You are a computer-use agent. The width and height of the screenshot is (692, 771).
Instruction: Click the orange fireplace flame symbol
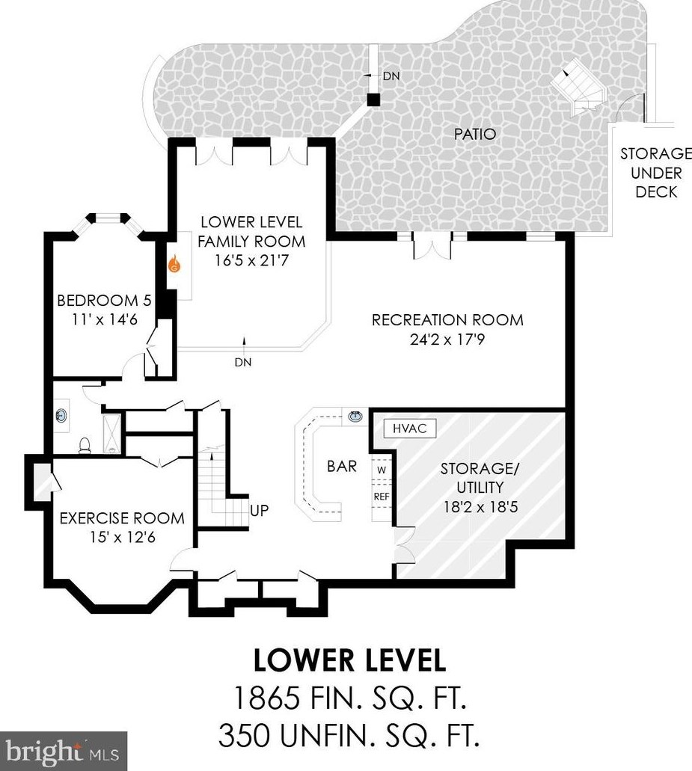174,264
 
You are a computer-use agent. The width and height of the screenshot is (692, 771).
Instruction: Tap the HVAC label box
410,428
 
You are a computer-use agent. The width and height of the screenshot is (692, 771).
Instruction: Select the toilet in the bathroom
85,445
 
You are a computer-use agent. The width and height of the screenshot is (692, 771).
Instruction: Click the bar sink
355,417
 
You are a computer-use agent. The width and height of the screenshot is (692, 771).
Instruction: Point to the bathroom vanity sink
61,416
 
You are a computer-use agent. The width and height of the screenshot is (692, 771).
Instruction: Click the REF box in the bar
382,497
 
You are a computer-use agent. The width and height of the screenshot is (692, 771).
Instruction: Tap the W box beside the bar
382,470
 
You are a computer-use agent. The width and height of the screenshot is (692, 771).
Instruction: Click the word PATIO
474,134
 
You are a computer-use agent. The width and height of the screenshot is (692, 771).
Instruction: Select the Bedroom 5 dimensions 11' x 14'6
105,319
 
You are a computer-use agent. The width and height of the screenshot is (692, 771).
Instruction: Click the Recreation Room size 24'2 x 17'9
447,340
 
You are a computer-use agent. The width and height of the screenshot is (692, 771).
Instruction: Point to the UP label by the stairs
259,511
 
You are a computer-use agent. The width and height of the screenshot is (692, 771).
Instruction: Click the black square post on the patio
374,99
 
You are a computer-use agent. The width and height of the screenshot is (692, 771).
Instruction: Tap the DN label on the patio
391,76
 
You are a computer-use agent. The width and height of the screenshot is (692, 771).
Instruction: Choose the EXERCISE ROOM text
122,517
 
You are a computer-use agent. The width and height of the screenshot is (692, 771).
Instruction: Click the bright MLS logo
64,752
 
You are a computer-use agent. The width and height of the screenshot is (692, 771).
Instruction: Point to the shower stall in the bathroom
112,433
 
